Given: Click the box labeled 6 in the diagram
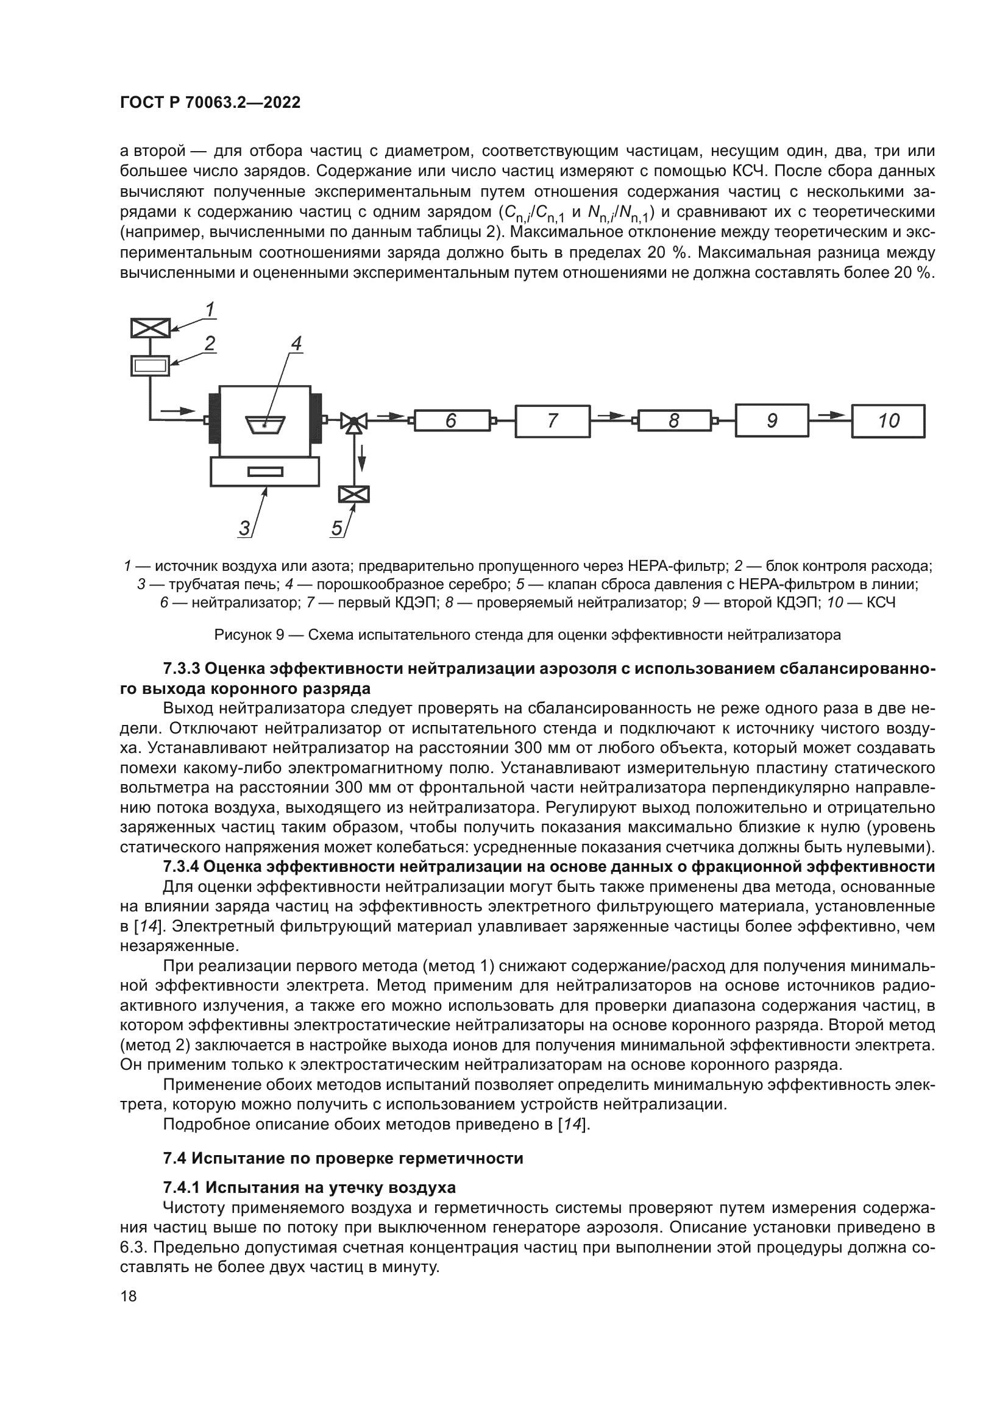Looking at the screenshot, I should coord(451,422).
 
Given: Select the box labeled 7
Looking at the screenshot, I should coord(552,422).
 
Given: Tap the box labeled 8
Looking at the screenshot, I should coord(673,422).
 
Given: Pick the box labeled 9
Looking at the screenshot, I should coord(772,422).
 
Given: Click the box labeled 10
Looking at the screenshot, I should coord(887,422).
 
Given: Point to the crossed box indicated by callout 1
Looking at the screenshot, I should coord(150,328).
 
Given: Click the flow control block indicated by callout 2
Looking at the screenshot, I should coord(150,366).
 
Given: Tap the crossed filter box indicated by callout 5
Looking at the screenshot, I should coord(354,495).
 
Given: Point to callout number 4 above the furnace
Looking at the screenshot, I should coord(297,343).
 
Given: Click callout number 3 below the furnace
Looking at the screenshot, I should coord(244,528).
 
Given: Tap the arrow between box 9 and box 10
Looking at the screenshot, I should coord(831,415).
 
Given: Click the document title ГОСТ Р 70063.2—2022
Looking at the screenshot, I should coord(210,103).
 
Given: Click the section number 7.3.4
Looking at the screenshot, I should coord(180,866).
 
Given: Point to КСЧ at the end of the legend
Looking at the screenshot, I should coord(881,602).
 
